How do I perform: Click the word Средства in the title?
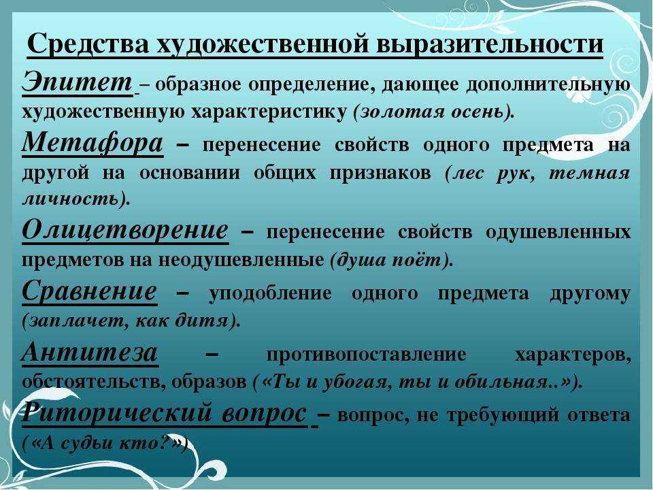(88, 44)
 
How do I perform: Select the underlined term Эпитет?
(77, 82)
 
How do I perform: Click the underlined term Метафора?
(92, 144)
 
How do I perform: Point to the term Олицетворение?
(125, 229)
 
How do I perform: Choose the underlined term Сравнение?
(90, 291)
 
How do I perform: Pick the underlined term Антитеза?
(90, 353)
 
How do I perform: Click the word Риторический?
(115, 414)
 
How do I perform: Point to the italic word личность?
(70, 199)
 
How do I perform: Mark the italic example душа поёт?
(388, 260)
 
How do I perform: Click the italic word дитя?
(207, 321)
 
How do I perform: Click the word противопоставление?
(366, 355)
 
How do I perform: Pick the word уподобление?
(270, 294)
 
